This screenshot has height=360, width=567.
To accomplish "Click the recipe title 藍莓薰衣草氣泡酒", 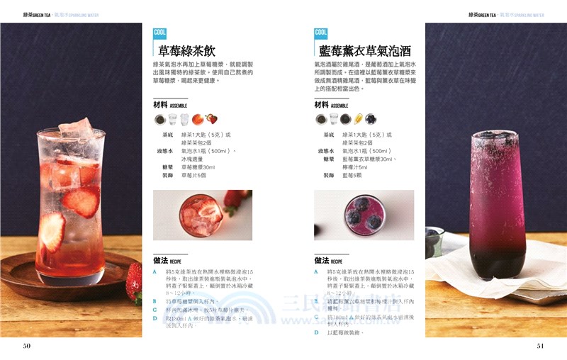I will tap(365, 50).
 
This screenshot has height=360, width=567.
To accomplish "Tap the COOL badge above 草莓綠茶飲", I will tap(160, 33).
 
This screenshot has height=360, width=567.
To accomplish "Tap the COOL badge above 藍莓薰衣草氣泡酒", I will tap(321, 33).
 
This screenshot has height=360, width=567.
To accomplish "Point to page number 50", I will tap(27, 346).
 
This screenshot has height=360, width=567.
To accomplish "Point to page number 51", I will tap(540, 346).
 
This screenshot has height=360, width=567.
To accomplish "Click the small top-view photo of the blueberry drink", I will tap(364, 214).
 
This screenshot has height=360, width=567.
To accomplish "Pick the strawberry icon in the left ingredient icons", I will tap(211, 119).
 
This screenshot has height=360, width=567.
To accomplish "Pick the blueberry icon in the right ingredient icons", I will tap(371, 119).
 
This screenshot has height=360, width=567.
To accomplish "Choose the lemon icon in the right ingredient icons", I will tap(358, 119).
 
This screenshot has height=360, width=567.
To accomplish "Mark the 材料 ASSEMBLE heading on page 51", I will tap(331, 105).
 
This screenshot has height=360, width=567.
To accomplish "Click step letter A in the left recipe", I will tap(155, 272).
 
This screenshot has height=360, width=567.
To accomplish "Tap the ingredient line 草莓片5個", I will tap(193, 175).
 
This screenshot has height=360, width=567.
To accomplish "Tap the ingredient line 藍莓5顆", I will tap(352, 175).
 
